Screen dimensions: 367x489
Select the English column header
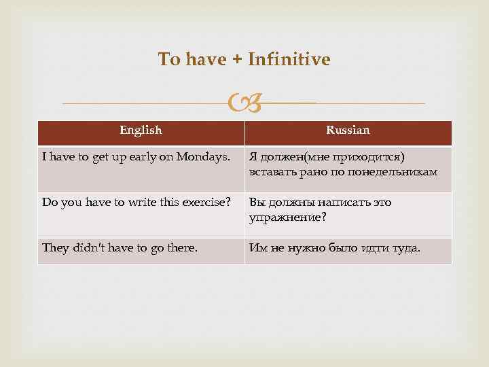tap(141, 130)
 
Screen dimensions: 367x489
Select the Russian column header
tap(348, 130)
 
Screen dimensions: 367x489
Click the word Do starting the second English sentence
tap(50, 202)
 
